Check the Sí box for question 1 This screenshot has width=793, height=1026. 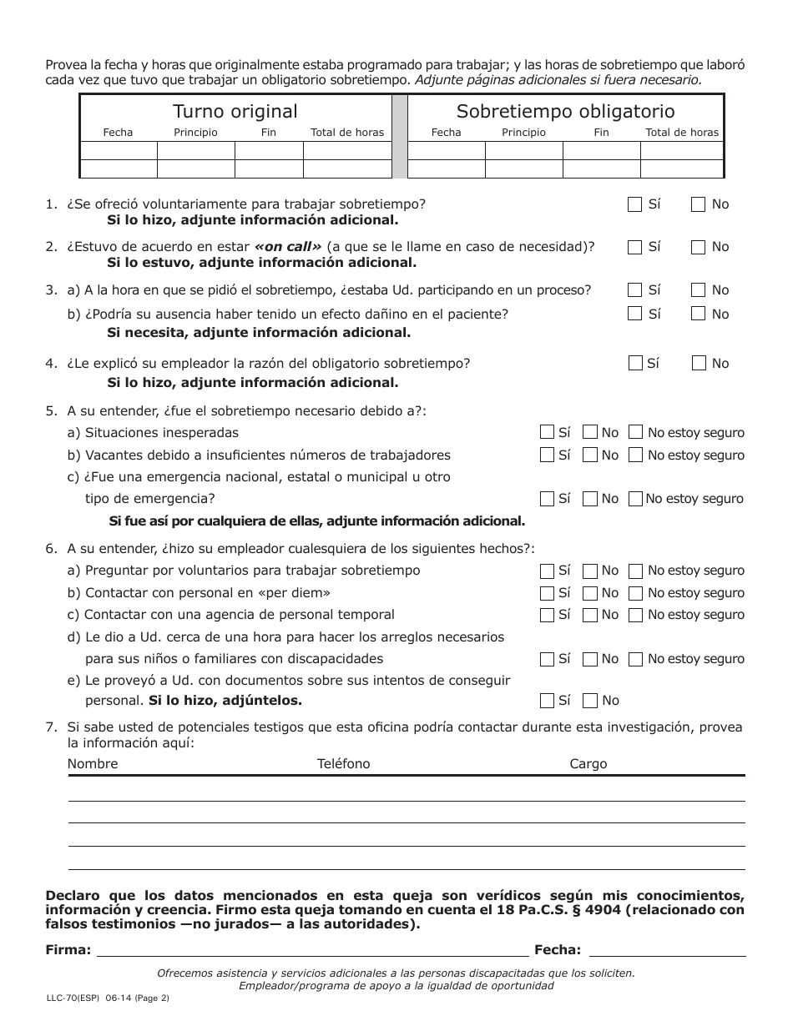pos(634,204)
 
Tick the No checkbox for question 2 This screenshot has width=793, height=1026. pos(699,247)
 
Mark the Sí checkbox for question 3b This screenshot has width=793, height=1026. pos(634,314)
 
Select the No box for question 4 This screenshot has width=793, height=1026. pos(699,363)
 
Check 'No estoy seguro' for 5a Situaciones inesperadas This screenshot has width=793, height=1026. pos(635,432)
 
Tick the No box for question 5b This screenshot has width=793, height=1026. pos(590,455)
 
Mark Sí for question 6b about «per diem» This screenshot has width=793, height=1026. pos(547,593)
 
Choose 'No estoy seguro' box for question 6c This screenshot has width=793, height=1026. pos(635,615)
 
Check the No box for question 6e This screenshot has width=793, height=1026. pos(590,701)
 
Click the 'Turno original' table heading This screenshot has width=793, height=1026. pos(235,112)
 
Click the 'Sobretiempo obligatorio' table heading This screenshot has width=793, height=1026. pos(565,112)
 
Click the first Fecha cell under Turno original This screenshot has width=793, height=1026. pos(119,151)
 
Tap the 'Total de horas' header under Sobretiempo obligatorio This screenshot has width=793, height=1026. pos(681,133)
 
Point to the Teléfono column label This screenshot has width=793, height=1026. pos(343,764)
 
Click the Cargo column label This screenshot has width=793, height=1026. pos(588,764)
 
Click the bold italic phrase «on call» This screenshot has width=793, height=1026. pos(287,247)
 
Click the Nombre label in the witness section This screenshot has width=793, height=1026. pos(93,764)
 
